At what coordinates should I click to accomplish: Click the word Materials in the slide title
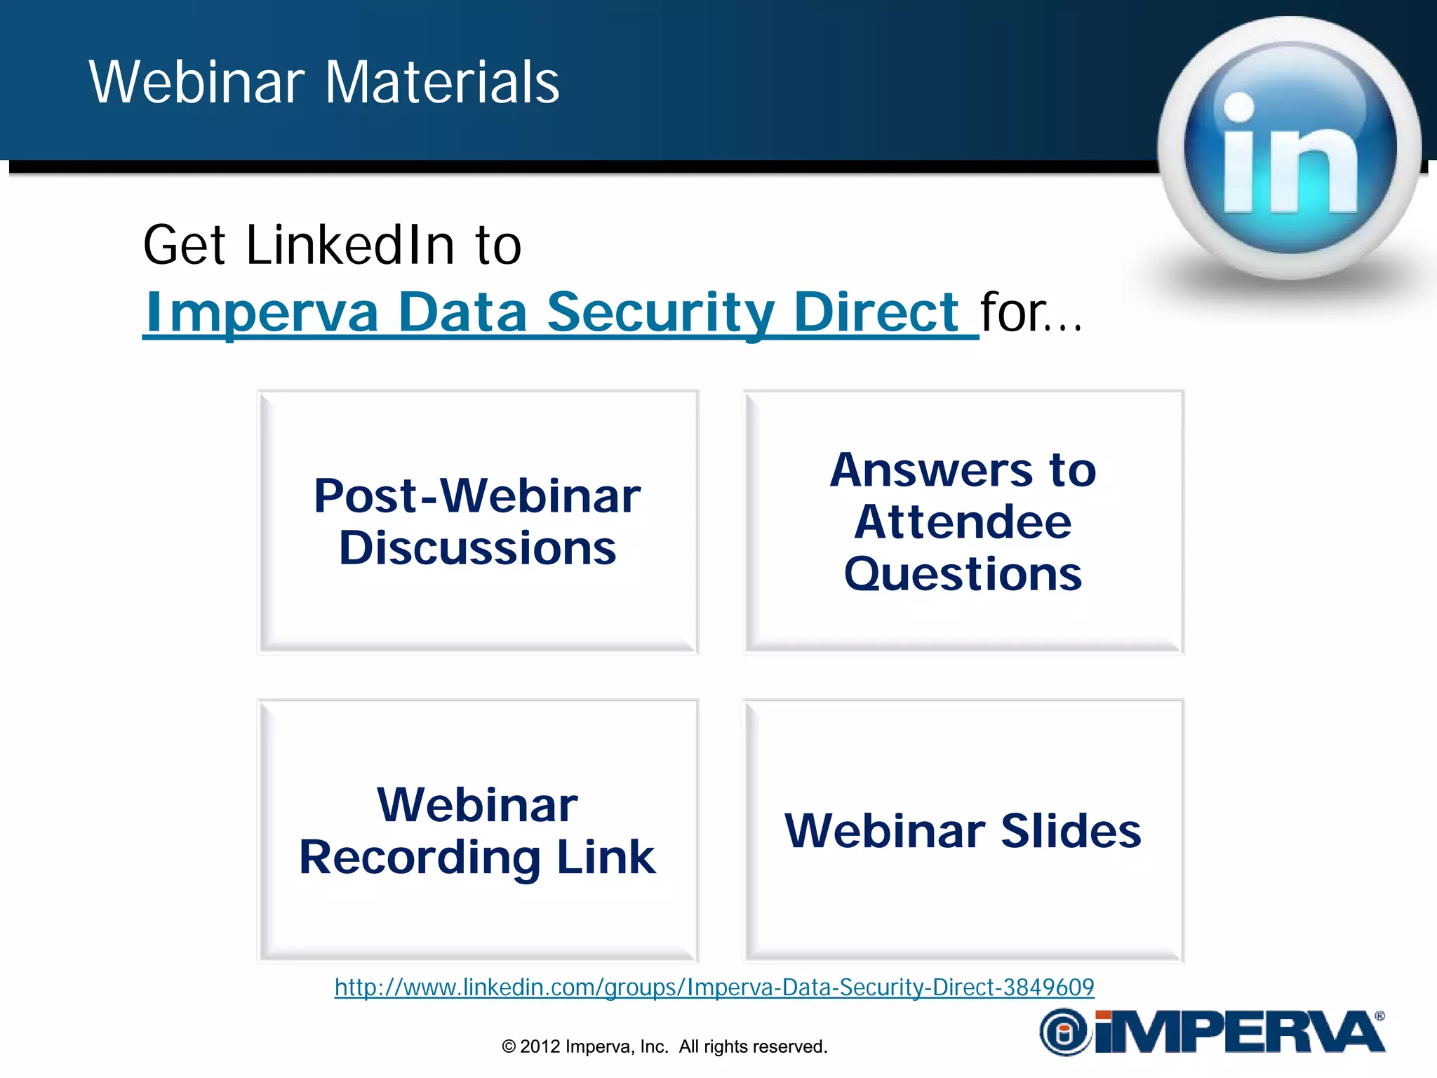coord(442,83)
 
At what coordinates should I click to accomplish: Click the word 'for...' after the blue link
coord(1030,312)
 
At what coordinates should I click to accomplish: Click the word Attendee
coord(963,523)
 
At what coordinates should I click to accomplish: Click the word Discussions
coord(478,548)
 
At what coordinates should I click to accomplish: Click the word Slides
coord(1071,831)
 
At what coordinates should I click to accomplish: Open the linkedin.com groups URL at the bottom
coord(714,987)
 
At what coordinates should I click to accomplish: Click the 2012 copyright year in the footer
coord(540,1046)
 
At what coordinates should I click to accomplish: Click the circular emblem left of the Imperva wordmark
coord(1064,1032)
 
